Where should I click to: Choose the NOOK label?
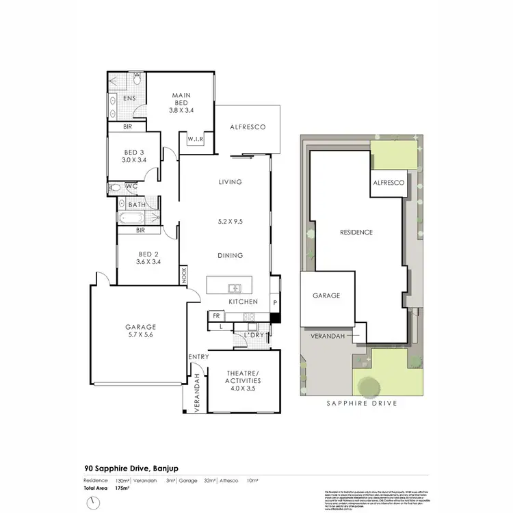[x=184, y=275]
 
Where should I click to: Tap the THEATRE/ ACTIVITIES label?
[x=244, y=377]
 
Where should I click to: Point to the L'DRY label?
[x=254, y=336]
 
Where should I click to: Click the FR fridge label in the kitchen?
[x=216, y=316]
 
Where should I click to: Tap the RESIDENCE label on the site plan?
[x=356, y=233]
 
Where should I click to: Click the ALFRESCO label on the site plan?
[x=389, y=184]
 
